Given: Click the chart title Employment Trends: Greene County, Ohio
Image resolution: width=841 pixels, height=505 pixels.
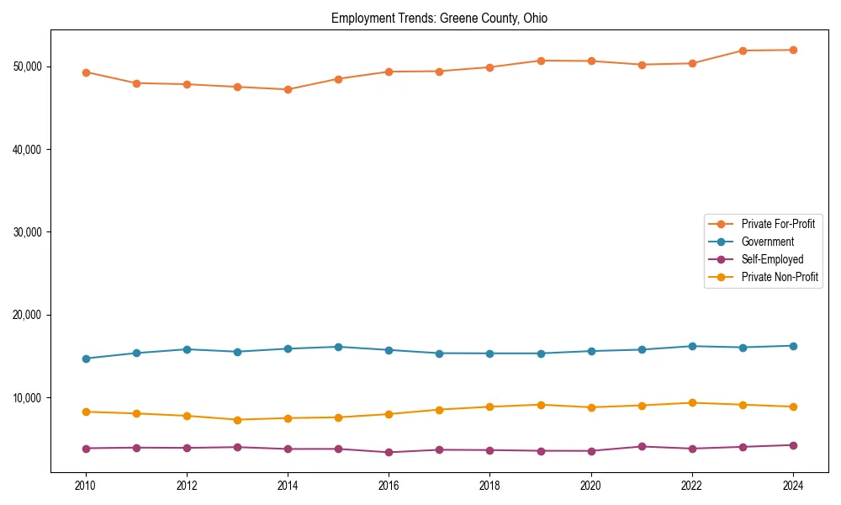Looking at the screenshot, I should tap(439, 19).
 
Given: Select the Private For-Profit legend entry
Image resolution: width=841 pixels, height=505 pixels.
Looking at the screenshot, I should tap(778, 224).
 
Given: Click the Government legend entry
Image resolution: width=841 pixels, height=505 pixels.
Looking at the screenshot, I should tap(767, 242).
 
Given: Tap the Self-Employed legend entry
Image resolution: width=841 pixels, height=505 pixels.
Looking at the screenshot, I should tap(772, 259).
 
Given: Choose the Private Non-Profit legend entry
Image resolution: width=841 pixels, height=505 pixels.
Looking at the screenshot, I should tap(780, 277).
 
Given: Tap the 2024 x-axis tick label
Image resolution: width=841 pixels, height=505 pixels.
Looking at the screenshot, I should tap(792, 486).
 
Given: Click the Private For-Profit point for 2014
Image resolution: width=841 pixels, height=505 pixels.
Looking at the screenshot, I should tap(288, 89).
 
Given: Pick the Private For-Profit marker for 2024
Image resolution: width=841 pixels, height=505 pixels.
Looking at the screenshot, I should tap(792, 50).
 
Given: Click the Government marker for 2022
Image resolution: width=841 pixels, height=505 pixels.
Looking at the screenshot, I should tap(691, 346).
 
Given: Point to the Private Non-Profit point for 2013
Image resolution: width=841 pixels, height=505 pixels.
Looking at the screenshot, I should tap(237, 420).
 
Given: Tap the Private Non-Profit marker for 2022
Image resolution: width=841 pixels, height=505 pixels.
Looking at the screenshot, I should tap(691, 402).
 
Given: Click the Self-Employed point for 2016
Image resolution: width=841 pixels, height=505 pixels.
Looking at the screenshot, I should tap(389, 452).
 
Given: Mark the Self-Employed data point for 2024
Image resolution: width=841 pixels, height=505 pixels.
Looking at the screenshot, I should tap(792, 445).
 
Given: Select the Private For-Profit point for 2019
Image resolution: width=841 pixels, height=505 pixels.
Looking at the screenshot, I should tap(540, 61).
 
